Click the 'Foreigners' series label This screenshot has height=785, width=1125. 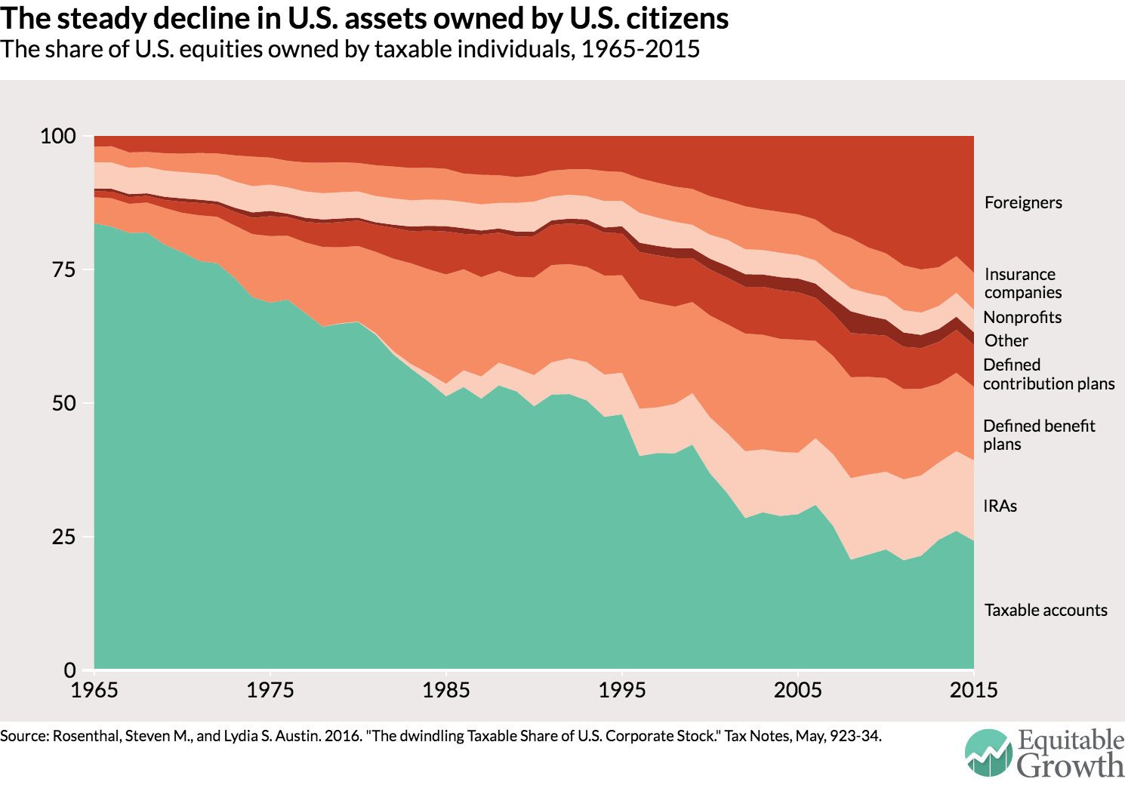point(1023,202)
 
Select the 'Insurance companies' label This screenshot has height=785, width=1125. point(1022,284)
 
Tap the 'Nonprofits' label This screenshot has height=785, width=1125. point(1022,318)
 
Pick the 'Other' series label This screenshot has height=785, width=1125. point(1006,341)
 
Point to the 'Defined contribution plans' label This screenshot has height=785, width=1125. point(1048,374)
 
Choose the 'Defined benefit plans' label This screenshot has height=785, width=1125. point(1039,435)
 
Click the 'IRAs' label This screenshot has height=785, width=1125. point(1000,506)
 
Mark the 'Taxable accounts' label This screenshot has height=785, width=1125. point(1046,611)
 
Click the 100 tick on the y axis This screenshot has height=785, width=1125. point(58,137)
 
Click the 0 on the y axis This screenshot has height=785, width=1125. point(70,670)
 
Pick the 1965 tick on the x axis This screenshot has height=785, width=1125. point(94,690)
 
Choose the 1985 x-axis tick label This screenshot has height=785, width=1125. point(446,690)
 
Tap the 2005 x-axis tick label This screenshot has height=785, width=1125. point(798,690)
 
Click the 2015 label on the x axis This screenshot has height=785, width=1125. point(974,690)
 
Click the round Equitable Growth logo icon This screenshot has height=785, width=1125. point(988,753)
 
